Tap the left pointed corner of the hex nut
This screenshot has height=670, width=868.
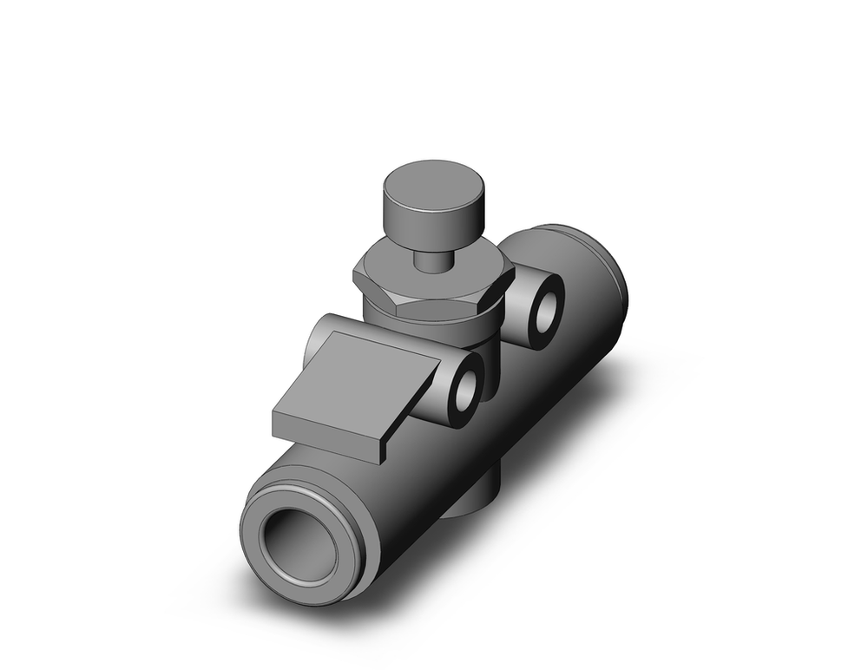(x=355, y=276)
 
